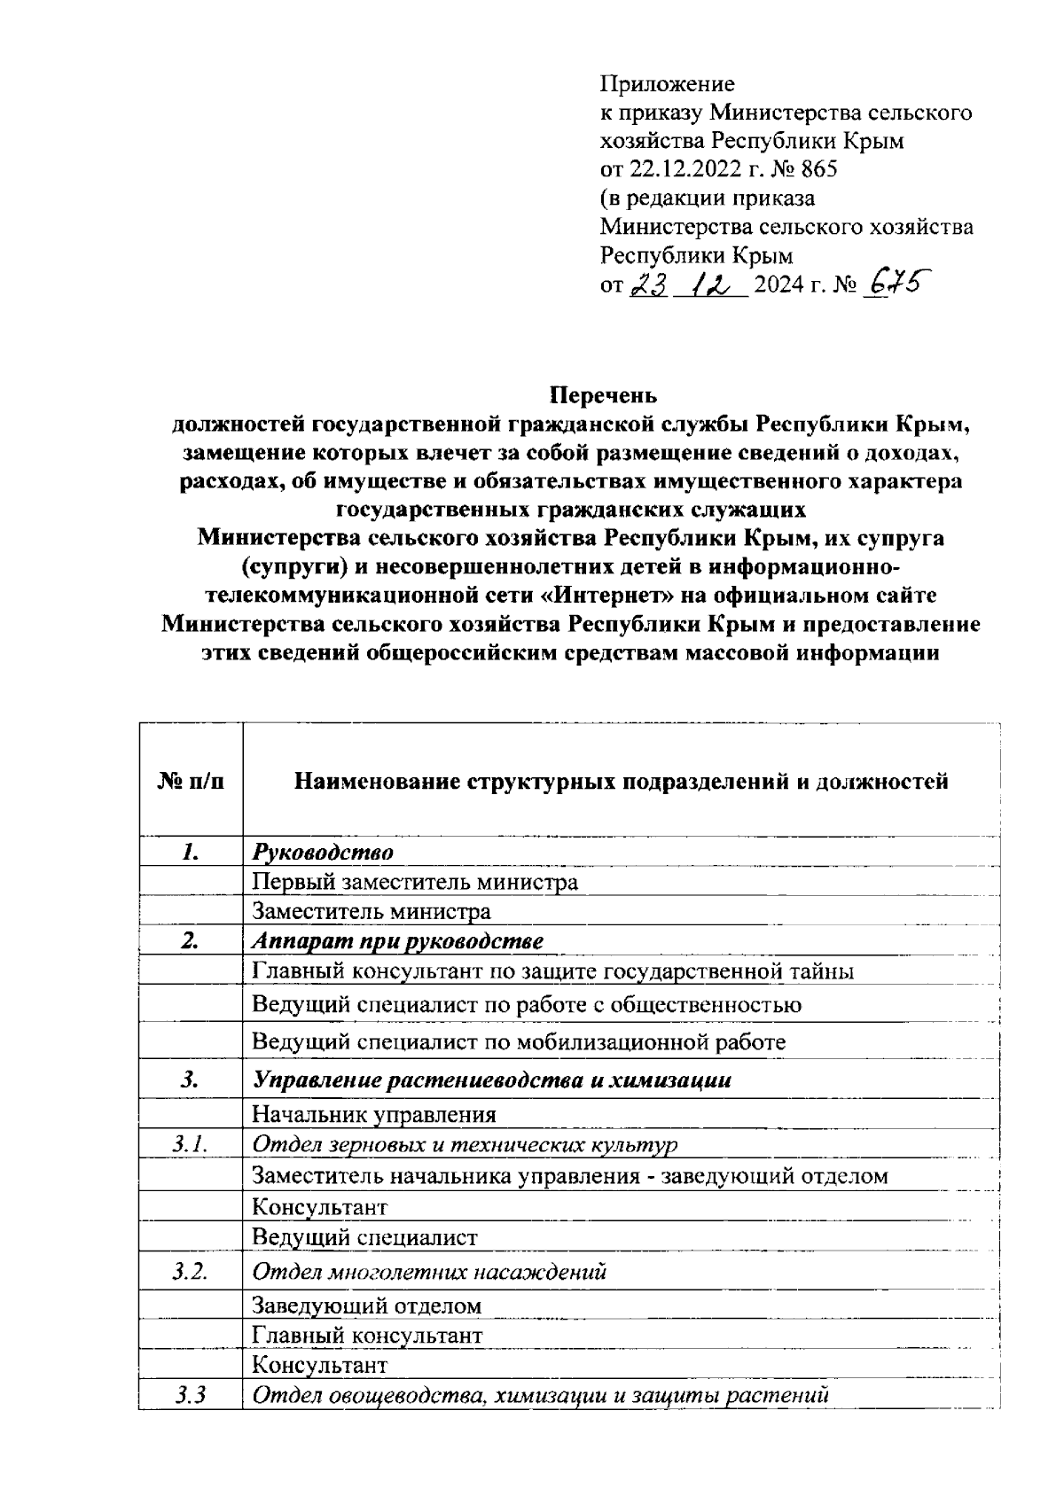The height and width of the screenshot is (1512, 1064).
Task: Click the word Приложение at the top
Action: click(668, 84)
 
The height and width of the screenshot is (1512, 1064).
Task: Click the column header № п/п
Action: click(191, 781)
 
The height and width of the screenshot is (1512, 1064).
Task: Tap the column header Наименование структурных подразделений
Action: click(621, 781)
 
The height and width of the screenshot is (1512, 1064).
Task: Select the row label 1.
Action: click(190, 853)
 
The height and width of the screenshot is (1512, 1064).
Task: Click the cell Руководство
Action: click(323, 853)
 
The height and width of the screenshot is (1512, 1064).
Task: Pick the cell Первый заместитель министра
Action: click(415, 882)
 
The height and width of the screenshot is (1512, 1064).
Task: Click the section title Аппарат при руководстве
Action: click(397, 940)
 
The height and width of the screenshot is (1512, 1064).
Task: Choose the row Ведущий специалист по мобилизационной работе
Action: click(519, 1041)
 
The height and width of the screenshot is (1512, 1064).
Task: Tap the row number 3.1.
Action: click(190, 1144)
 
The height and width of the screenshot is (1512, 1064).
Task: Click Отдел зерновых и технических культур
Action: click(465, 1144)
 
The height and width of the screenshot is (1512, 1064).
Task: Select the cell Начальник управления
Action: click(374, 1114)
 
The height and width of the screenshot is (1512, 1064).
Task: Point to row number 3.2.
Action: click(190, 1272)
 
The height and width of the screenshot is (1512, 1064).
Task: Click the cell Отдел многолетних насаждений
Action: click(429, 1272)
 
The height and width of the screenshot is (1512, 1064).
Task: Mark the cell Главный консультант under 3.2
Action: click(367, 1335)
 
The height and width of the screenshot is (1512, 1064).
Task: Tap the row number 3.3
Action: click(190, 1396)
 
